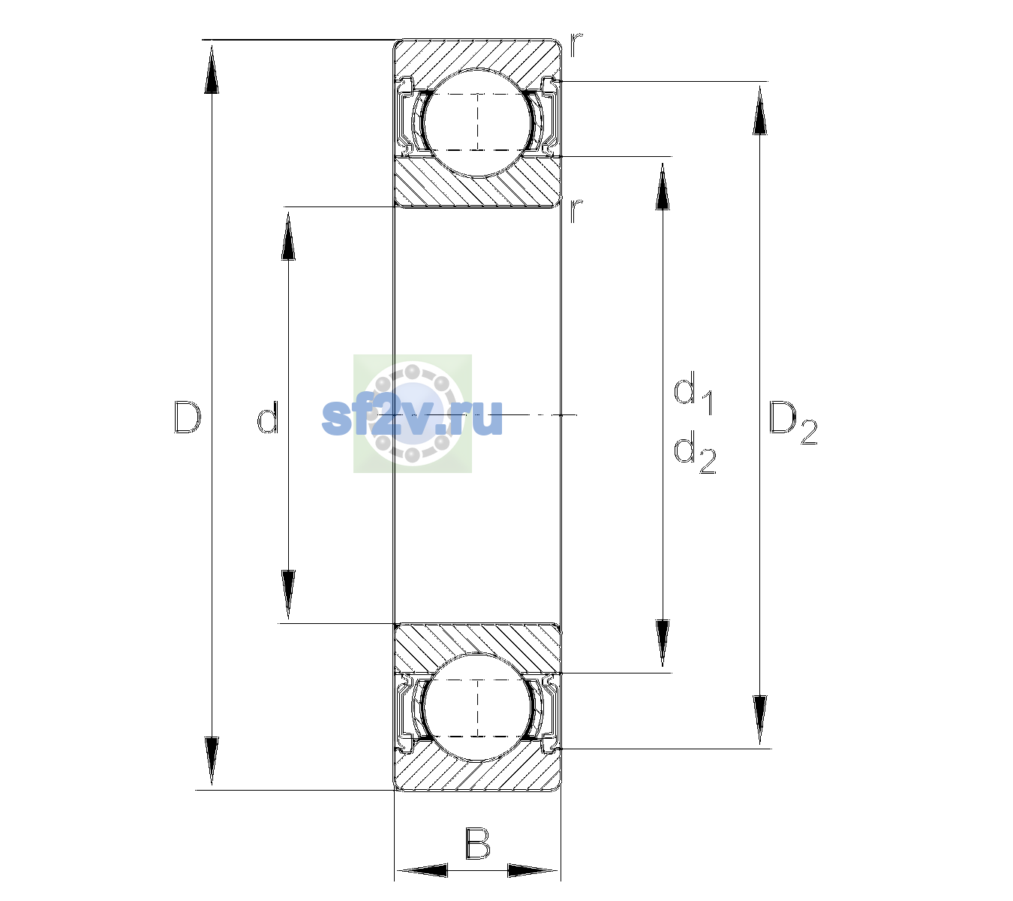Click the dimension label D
tap(187, 417)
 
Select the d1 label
tap(693, 393)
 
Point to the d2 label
tap(695, 452)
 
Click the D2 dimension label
tap(792, 423)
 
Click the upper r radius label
tap(576, 45)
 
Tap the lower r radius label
tap(576, 210)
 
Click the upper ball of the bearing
tap(477, 122)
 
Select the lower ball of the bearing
tap(477, 707)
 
